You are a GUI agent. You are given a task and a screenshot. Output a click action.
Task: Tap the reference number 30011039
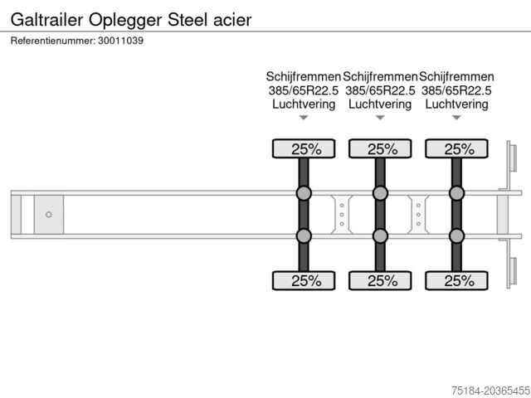[x=121, y=41]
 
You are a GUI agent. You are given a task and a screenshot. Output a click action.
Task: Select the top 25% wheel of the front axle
[x=304, y=149]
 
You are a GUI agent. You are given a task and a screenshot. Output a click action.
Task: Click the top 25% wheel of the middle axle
[x=380, y=149]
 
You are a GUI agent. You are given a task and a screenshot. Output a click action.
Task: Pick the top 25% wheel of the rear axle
[x=456, y=149]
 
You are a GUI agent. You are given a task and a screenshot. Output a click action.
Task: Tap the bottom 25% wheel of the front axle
[x=304, y=280]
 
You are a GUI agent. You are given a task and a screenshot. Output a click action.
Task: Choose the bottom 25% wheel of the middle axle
[x=380, y=280]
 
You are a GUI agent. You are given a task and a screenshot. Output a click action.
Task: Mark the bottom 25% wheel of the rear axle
[x=456, y=280]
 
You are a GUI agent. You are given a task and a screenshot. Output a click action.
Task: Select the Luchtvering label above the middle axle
[x=380, y=104]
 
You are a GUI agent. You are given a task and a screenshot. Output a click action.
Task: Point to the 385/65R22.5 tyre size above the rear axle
[x=456, y=90]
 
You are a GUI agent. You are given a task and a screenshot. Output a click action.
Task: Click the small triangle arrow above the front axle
[x=304, y=118]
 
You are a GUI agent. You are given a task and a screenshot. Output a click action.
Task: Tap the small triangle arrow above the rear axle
[x=456, y=118]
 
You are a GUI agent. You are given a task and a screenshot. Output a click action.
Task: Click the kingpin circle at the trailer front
[x=48, y=215]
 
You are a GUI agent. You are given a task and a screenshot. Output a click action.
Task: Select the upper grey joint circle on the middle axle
[x=380, y=194]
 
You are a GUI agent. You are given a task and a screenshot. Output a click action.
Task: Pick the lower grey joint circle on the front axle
[x=304, y=235]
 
